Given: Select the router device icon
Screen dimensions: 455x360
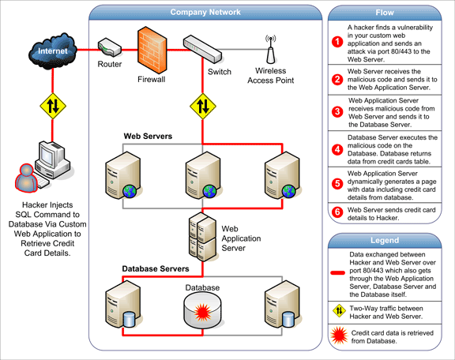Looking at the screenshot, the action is point(109,47).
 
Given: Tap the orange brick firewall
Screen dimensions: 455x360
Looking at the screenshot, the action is point(152,50).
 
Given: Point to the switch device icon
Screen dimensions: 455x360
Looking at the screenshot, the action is point(202,49).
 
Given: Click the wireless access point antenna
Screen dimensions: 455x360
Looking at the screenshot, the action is point(270,49).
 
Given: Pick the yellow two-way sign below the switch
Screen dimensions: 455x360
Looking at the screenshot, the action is point(203,106).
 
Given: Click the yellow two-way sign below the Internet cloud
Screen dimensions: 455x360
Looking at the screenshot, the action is point(53,106).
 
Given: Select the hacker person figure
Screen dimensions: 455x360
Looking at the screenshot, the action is point(26,178).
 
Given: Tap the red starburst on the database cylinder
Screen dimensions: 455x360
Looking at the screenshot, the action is point(202,313).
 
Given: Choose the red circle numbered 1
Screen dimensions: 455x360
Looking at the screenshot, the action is point(337,42).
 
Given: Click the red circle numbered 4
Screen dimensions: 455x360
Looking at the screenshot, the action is point(337,150).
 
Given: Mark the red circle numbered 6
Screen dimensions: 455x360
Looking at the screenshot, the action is point(337,212).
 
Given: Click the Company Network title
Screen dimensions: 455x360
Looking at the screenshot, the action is point(205,12).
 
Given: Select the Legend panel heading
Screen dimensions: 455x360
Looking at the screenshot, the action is point(385,241).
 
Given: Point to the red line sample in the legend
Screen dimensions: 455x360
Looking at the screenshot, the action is point(338,272).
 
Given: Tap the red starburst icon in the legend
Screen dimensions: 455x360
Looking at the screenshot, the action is point(339,336).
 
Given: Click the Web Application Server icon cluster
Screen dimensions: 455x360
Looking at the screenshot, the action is point(202,237).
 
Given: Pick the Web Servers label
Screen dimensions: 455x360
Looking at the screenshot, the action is point(148,137).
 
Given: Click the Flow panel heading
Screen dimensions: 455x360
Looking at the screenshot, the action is point(385,13).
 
